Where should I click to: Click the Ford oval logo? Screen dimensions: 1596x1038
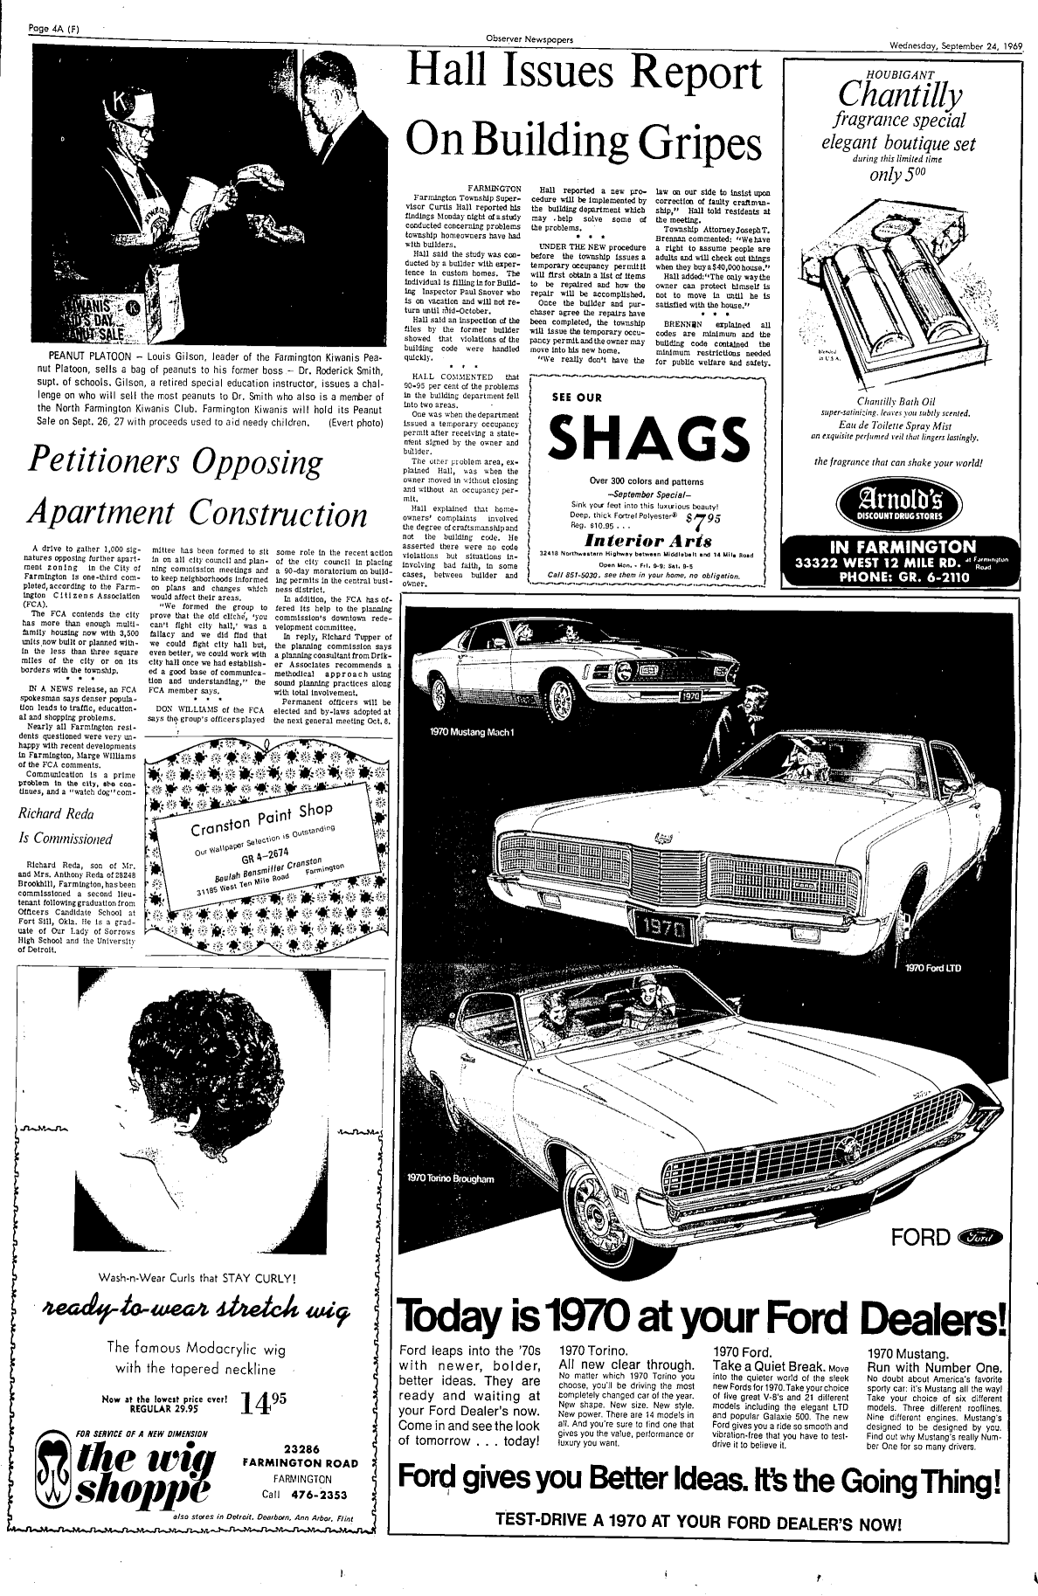pos(982,1235)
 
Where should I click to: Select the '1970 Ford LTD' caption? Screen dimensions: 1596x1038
pos(932,967)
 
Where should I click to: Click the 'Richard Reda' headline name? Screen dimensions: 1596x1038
pos(57,815)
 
